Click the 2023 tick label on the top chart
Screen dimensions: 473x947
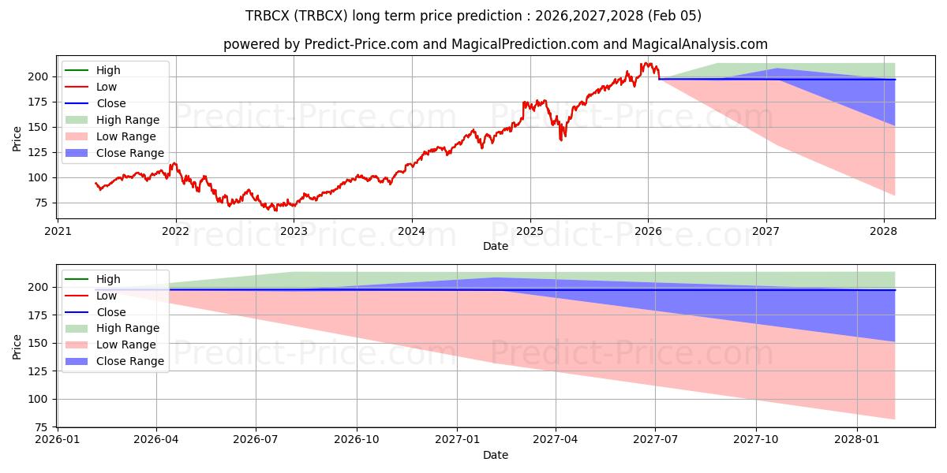point(294,232)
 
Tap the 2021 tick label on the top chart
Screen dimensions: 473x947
point(58,232)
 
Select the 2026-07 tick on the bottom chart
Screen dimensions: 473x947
point(256,441)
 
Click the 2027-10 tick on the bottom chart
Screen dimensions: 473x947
point(756,441)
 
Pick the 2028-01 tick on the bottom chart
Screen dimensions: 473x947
point(856,441)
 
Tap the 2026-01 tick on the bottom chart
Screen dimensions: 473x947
point(58,441)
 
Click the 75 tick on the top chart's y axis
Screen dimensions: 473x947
point(39,203)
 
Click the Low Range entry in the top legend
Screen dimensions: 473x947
point(127,136)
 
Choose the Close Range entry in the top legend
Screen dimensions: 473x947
point(130,153)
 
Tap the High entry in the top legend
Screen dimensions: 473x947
point(108,70)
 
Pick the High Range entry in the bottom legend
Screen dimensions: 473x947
point(128,328)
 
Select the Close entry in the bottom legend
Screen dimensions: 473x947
point(110,312)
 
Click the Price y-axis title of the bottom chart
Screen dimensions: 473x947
point(17,346)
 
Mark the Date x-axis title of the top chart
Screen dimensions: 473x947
point(495,246)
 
